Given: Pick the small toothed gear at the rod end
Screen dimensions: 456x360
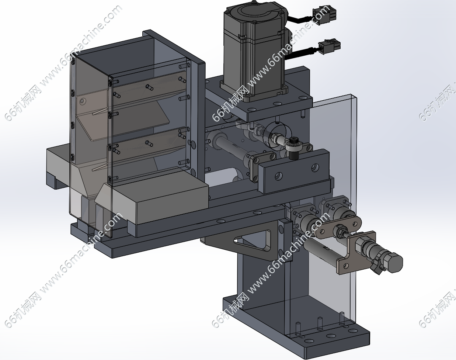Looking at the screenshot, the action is point(293,141).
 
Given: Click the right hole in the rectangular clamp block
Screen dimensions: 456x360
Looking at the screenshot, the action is point(315,167).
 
